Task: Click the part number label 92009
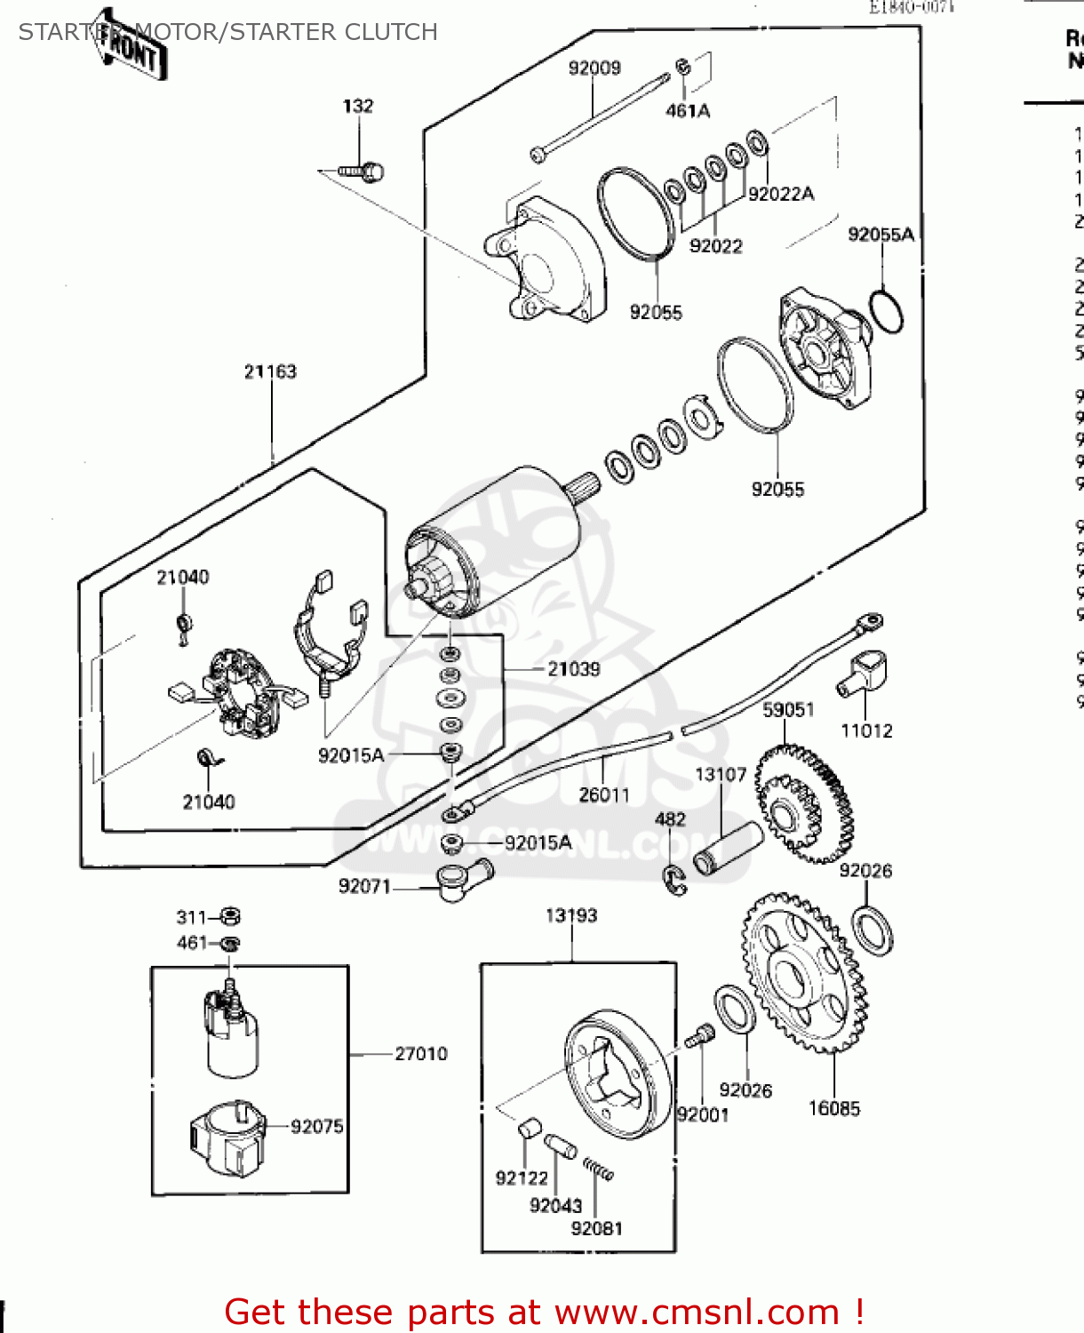(x=594, y=68)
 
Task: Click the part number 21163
(x=270, y=371)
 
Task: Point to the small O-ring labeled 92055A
(x=886, y=310)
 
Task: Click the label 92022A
(x=781, y=194)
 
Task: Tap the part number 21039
(x=573, y=669)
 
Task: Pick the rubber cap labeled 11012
(x=865, y=674)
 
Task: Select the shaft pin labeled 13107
(x=727, y=849)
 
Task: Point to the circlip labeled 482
(x=675, y=879)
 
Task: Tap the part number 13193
(x=570, y=915)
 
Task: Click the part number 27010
(x=420, y=1054)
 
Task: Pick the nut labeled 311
(x=230, y=915)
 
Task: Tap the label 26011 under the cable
(x=603, y=794)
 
